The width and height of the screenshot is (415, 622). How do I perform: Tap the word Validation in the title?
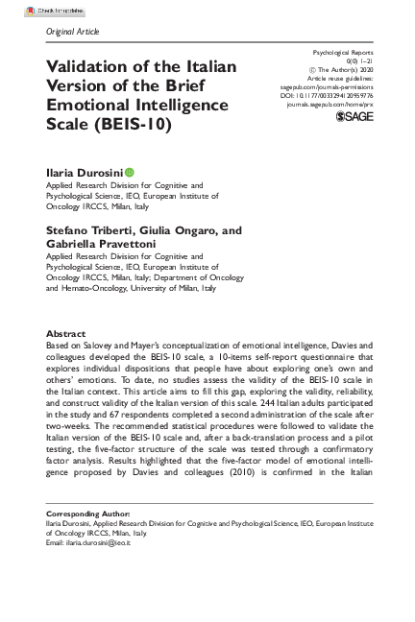coord(98,66)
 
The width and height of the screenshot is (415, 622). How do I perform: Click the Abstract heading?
coord(66,332)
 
